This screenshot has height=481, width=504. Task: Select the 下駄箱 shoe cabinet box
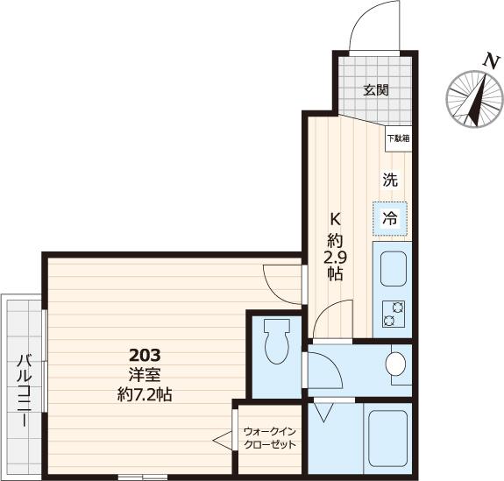(398, 138)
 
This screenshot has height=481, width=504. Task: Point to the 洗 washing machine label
(390, 180)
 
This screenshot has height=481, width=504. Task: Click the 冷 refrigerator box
(390, 218)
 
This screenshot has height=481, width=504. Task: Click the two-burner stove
(391, 314)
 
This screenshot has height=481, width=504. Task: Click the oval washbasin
(396, 363)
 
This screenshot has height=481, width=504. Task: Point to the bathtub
(387, 437)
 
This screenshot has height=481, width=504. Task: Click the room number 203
(145, 356)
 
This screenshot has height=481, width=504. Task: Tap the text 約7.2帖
(145, 394)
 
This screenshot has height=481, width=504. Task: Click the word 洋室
(145, 375)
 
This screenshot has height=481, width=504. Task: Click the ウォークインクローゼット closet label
(269, 438)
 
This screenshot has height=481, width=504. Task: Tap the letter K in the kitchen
(335, 219)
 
